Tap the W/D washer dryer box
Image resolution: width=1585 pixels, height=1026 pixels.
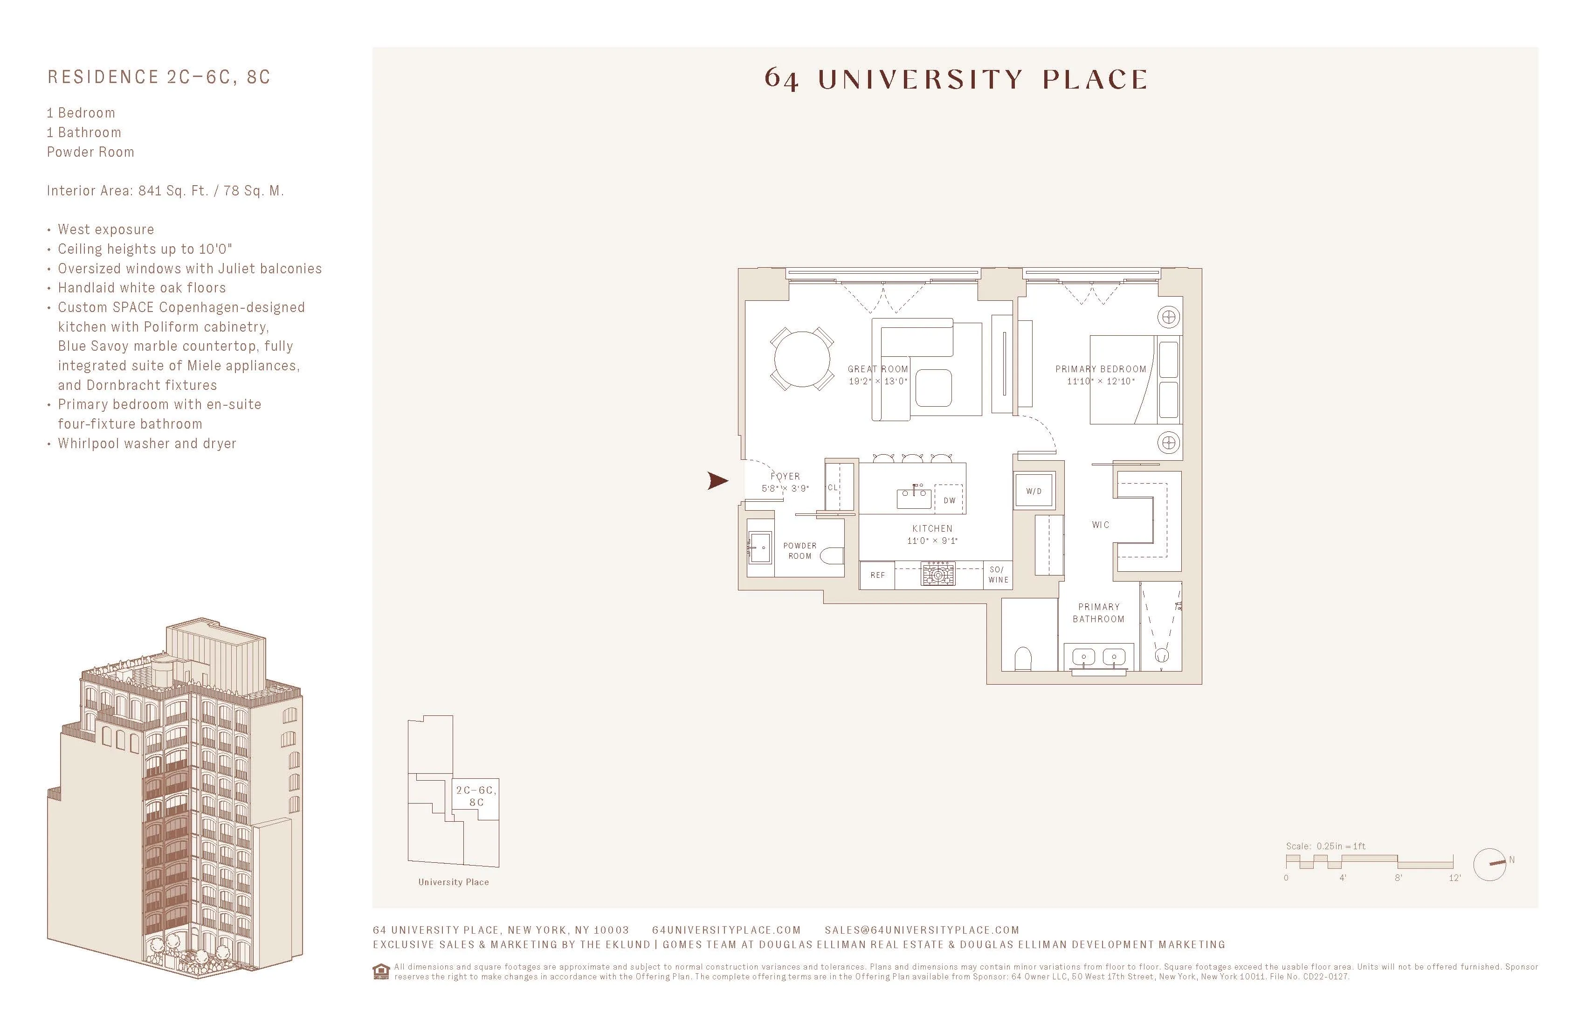1034,491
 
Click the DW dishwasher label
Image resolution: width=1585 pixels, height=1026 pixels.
950,500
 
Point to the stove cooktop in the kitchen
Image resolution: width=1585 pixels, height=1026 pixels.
937,574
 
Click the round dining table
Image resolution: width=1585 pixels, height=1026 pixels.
802,359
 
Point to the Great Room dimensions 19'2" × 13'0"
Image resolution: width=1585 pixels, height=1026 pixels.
878,381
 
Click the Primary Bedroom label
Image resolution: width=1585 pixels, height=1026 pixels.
1100,368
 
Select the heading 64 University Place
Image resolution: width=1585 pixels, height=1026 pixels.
956,79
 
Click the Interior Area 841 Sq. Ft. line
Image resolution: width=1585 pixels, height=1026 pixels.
165,191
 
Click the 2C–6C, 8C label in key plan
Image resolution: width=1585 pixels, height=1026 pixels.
475,796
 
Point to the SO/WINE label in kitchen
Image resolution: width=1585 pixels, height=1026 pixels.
998,574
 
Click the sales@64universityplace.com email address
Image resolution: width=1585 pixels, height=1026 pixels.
922,930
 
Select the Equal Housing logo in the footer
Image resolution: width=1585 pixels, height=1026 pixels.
381,971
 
